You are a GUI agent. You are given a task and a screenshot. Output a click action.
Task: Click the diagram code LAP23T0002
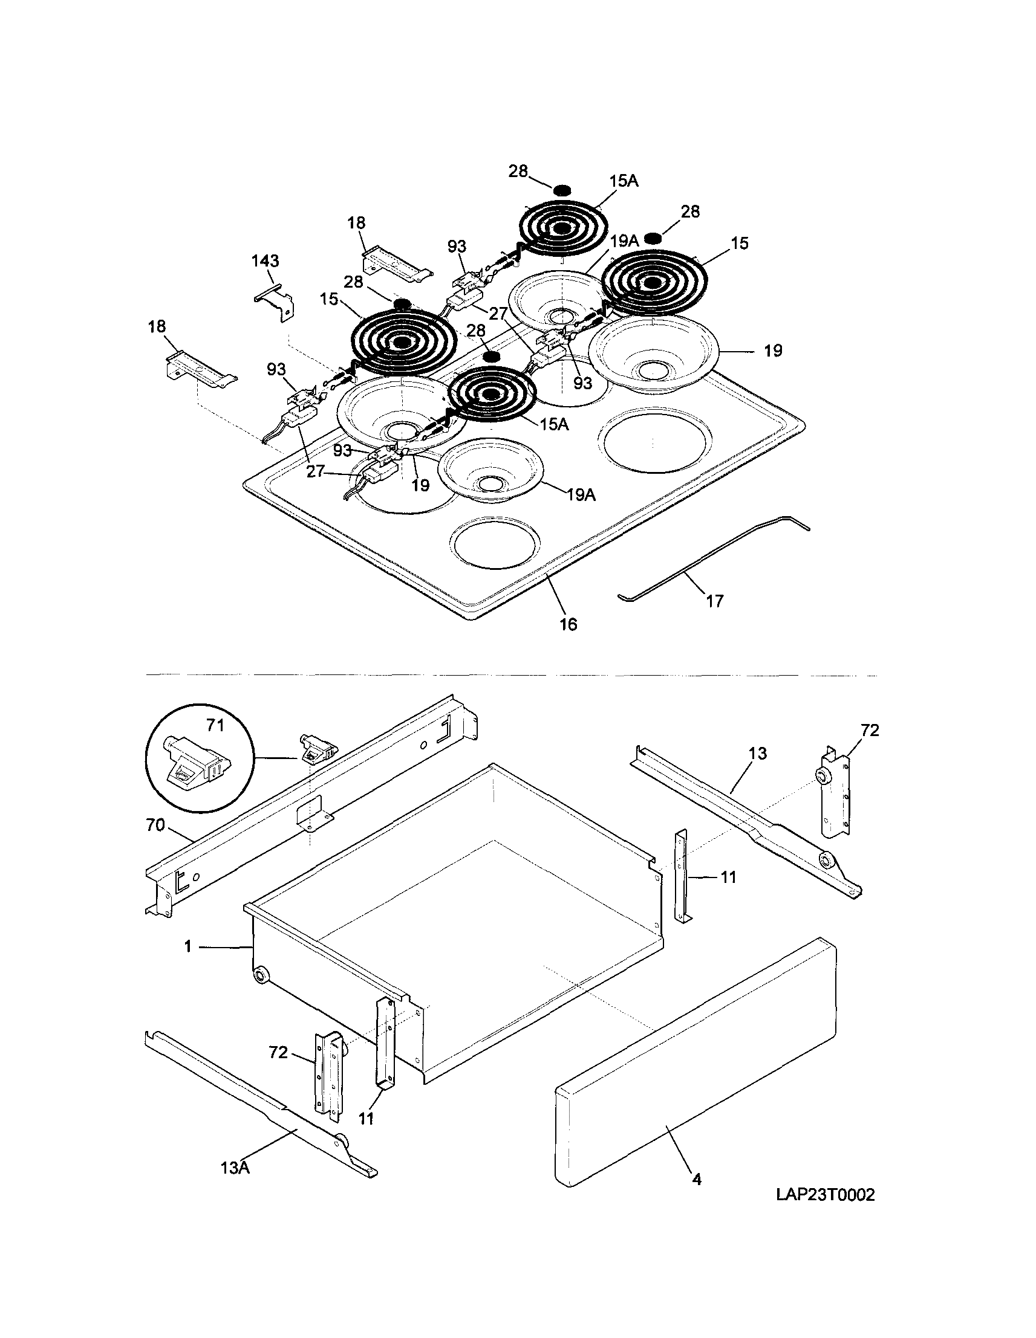[825, 1195]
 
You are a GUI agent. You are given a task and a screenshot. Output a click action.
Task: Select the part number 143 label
[265, 261]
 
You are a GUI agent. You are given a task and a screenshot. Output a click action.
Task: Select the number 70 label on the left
[155, 826]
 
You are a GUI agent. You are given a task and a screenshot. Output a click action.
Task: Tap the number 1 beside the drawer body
[187, 946]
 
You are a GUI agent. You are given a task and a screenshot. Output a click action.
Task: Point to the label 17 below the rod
[715, 601]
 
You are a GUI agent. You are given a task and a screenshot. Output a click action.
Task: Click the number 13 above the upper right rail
[758, 754]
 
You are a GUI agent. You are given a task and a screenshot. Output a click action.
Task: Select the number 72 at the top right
[869, 730]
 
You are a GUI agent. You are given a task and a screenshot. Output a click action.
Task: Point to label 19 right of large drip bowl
[773, 351]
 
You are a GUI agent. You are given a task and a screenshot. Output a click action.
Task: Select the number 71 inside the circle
[215, 726]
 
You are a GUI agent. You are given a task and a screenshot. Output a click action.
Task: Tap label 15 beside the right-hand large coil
[739, 243]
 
